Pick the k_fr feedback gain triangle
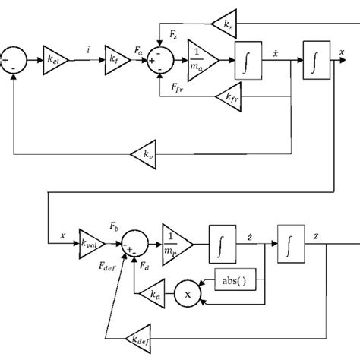point(227,97)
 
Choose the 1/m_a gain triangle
point(201,58)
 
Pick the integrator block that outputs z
point(291,245)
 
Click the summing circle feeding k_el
point(14,58)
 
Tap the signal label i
point(90,49)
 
